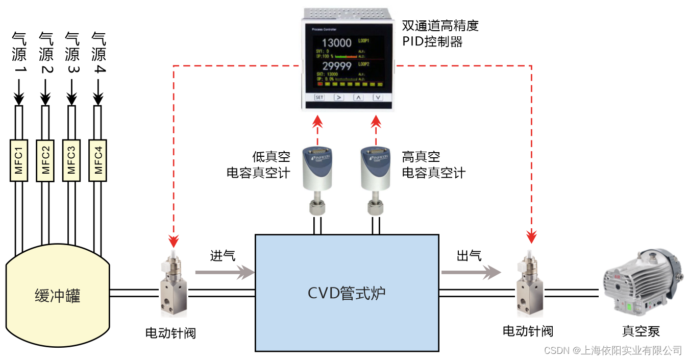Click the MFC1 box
point(19,160)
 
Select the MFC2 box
point(45,160)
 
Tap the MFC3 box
point(71,160)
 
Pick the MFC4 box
point(98,160)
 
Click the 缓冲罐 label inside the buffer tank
point(57,296)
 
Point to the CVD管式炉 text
point(347,293)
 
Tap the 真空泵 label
point(641,331)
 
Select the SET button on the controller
point(319,97)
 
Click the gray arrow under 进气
point(225,273)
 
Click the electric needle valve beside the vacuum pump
point(531,286)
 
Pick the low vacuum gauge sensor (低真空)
point(317,179)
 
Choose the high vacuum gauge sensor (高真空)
point(376,179)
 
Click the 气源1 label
point(19,54)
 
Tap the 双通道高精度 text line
point(440,26)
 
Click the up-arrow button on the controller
point(358,97)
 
